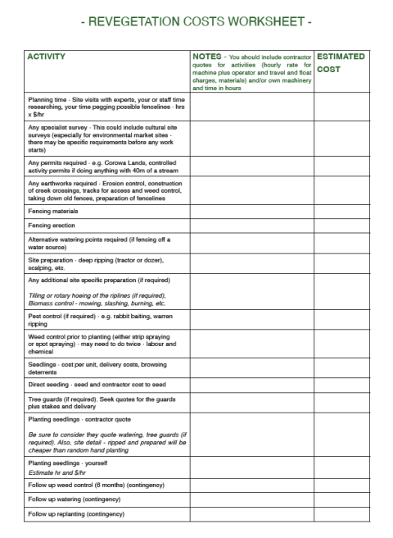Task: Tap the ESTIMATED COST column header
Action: coord(341,62)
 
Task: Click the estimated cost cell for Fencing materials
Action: coord(341,211)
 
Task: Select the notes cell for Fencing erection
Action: coord(251,225)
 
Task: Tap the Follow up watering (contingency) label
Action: coord(74,499)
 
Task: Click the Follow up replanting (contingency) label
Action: coord(76,513)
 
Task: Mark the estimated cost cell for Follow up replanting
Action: coord(341,513)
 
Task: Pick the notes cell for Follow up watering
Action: coord(251,499)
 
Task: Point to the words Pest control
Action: coord(48,314)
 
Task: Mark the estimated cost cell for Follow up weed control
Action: coord(341,484)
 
